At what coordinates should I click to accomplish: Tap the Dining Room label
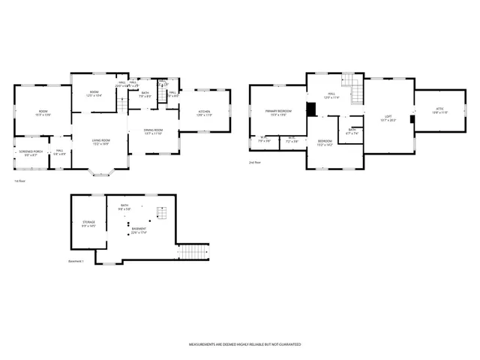[x=153, y=131]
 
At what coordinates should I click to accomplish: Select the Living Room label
[x=101, y=142]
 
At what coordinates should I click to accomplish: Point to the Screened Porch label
[x=30, y=154]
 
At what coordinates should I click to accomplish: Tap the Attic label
[x=439, y=109]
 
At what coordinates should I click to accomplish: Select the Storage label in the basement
[x=88, y=223]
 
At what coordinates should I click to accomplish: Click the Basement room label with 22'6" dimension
[x=139, y=230]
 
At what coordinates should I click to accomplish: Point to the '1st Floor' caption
[x=20, y=181]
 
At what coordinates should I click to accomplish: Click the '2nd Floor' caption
[x=256, y=162]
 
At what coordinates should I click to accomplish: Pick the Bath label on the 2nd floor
[x=352, y=131]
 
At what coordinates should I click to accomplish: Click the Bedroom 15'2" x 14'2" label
[x=325, y=143]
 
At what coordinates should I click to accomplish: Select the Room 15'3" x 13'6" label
[x=43, y=113]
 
